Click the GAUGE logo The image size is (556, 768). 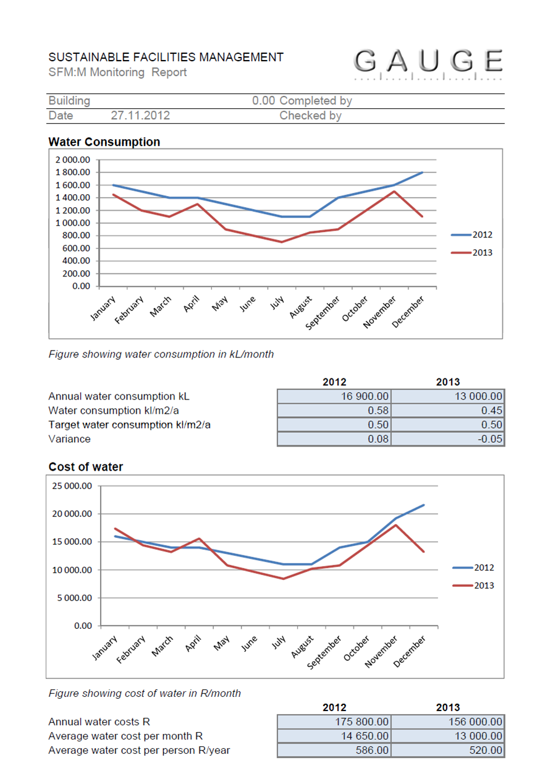click(429, 62)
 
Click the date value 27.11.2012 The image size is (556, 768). click(140, 116)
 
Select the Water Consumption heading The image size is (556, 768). click(104, 142)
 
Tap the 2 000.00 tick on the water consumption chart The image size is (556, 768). click(73, 160)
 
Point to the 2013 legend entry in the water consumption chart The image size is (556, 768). click(472, 252)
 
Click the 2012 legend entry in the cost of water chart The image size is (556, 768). click(473, 568)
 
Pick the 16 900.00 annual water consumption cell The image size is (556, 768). click(334, 396)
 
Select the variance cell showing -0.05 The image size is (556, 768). click(448, 439)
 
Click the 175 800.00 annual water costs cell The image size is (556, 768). click(334, 722)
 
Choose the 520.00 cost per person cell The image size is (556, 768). click(448, 750)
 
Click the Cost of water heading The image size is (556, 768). click(86, 467)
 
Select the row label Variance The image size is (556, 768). click(69, 439)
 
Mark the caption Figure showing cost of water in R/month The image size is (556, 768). click(145, 693)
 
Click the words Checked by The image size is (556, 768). click(310, 116)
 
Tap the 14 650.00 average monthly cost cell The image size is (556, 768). click(334, 736)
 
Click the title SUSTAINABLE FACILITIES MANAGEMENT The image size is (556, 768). click(166, 57)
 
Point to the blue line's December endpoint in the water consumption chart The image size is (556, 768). click(423, 173)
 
